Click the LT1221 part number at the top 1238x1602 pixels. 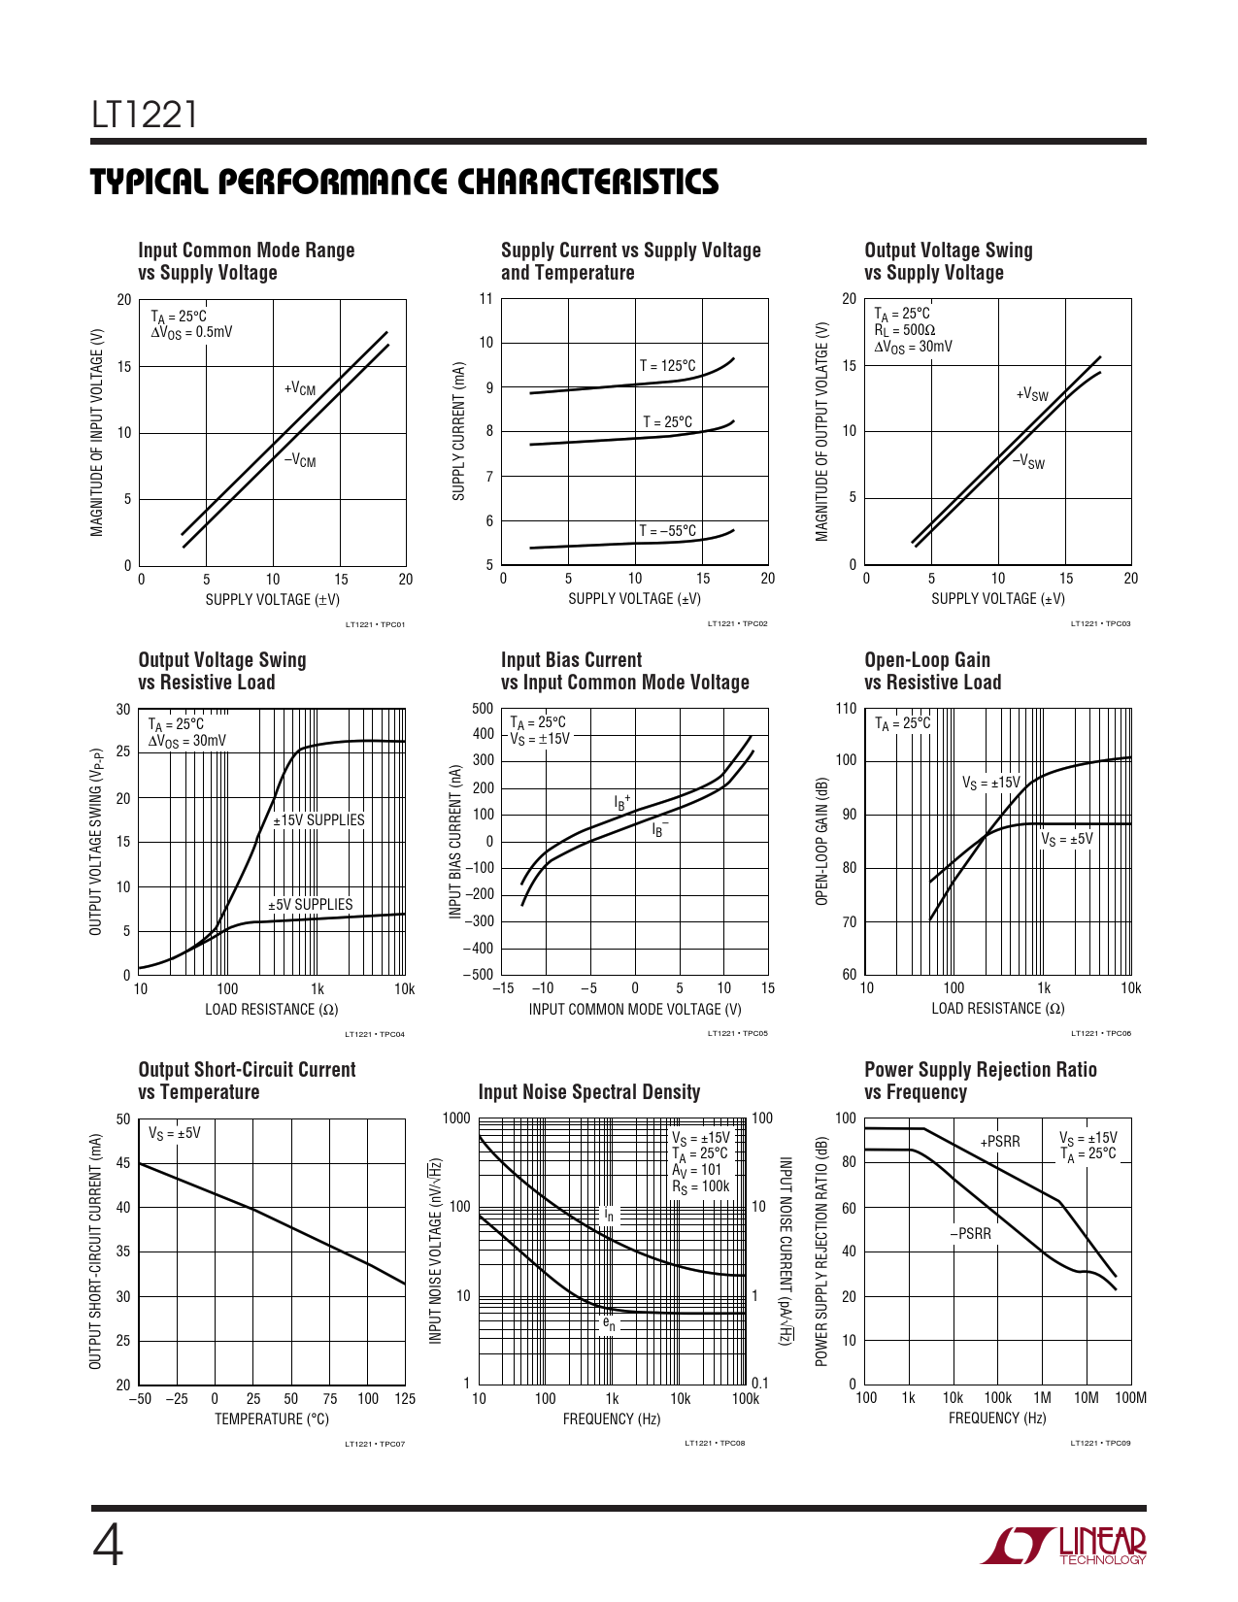click(x=145, y=115)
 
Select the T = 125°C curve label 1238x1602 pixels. click(x=667, y=366)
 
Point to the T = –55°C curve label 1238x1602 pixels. click(x=667, y=531)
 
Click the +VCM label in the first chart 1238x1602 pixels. click(x=300, y=389)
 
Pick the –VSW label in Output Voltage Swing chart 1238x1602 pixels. click(x=1028, y=462)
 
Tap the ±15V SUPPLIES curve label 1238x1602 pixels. click(x=318, y=820)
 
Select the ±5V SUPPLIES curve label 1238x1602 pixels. click(x=311, y=905)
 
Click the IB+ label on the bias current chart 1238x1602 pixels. click(x=621, y=802)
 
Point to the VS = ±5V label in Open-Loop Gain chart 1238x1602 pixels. click(x=1066, y=840)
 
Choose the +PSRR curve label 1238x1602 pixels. click(x=1000, y=1142)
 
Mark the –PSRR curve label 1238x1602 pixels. click(x=970, y=1234)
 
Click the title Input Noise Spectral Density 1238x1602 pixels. click(x=589, y=1092)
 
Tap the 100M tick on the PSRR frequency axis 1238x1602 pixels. click(x=1130, y=1398)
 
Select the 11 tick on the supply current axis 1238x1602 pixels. click(x=486, y=298)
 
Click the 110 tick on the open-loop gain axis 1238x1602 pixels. click(x=846, y=709)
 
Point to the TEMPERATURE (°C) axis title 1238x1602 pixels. click(x=272, y=1419)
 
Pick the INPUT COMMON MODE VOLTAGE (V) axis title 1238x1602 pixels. click(x=635, y=1010)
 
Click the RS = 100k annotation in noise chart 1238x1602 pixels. click(x=700, y=1186)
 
